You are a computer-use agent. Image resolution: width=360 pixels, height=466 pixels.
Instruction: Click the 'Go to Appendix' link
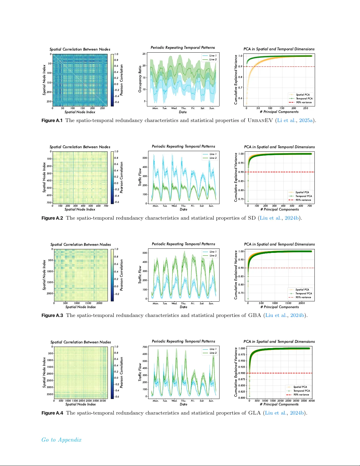pyautogui.click(x=61, y=440)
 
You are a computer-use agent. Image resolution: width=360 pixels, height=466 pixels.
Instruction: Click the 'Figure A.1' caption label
pyautogui.click(x=52, y=121)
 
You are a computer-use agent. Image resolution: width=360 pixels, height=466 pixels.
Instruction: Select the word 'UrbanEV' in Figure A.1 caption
pyautogui.click(x=260, y=121)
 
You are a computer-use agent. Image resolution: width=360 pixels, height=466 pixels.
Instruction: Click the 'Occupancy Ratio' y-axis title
pyautogui.click(x=140, y=79)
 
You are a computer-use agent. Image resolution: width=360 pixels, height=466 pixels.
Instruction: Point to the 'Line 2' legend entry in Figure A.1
pyautogui.click(x=213, y=59)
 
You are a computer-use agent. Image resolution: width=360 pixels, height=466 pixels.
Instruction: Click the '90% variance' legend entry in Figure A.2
pyautogui.click(x=303, y=200)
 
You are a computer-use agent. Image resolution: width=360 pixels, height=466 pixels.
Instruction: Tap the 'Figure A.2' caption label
pyautogui.click(x=52, y=218)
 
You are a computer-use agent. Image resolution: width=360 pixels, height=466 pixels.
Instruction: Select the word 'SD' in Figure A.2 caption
pyautogui.click(x=252, y=218)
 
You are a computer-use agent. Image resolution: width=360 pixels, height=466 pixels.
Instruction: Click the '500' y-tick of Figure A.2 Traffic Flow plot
pyautogui.click(x=145, y=158)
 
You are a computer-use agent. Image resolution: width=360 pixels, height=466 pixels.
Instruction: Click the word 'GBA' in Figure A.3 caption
pyautogui.click(x=254, y=315)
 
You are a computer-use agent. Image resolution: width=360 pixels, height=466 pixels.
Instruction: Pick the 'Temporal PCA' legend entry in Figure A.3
pyautogui.click(x=304, y=293)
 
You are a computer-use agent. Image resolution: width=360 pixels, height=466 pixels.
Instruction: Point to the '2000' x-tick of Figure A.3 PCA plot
pyautogui.click(x=302, y=303)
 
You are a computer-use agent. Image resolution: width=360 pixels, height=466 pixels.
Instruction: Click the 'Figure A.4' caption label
pyautogui.click(x=52, y=413)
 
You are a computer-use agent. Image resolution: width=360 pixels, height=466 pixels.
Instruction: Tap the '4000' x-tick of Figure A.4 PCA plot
pyautogui.click(x=312, y=401)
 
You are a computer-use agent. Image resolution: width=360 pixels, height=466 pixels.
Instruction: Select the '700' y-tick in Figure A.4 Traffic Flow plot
pyautogui.click(x=145, y=347)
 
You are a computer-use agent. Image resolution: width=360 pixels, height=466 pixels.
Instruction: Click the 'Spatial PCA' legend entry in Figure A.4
pyautogui.click(x=300, y=387)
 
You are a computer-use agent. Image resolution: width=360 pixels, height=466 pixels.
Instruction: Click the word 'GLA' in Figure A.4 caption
pyautogui.click(x=254, y=413)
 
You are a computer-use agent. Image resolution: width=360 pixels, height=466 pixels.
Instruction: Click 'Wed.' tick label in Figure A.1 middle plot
pyautogui.click(x=174, y=108)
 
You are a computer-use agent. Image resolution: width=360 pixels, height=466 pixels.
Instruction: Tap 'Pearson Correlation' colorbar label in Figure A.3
pyautogui.click(x=122, y=275)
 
